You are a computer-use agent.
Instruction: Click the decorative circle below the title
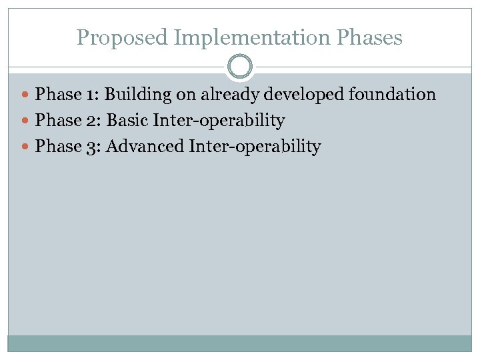pyautogui.click(x=240, y=67)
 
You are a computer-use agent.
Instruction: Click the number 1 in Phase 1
pyautogui.click(x=91, y=95)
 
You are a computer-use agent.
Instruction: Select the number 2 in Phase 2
pyautogui.click(x=91, y=121)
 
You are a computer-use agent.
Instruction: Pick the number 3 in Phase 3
pyautogui.click(x=91, y=147)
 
